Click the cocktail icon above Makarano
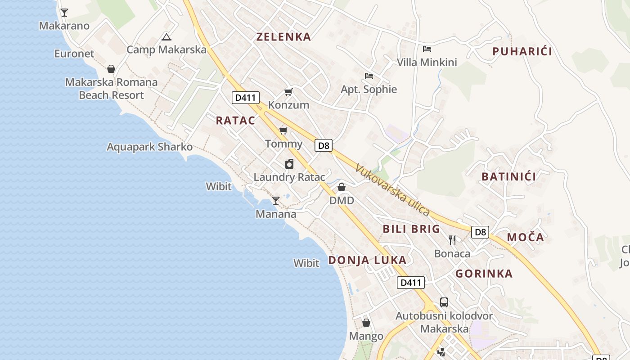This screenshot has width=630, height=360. coord(64,13)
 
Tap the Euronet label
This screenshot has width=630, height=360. coord(74,54)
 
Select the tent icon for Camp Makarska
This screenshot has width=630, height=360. coord(166,37)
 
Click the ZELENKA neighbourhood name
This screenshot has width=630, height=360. coord(283,37)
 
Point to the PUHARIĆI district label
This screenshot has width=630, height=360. coord(522,51)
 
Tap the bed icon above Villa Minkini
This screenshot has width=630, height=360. coord(427,49)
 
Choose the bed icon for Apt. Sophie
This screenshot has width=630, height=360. coord(369,76)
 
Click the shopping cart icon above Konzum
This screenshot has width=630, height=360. coord(288,92)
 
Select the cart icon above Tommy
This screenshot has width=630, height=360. coord(283,131)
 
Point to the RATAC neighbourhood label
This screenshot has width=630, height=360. coord(235,121)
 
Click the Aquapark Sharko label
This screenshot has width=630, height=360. coord(149,147)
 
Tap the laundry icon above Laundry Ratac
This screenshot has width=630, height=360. coord(289,164)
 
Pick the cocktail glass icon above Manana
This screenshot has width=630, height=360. coord(276,201)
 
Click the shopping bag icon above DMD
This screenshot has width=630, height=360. coord(342,187)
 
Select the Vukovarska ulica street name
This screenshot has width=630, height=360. coord(392,190)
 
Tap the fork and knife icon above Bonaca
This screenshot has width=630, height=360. coord(452,240)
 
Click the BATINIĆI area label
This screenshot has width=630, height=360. coord(508,176)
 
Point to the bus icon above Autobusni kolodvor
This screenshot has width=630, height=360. coord(444,302)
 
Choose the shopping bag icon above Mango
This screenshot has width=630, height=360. coord(366,323)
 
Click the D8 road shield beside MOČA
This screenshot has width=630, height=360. coord(480,232)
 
